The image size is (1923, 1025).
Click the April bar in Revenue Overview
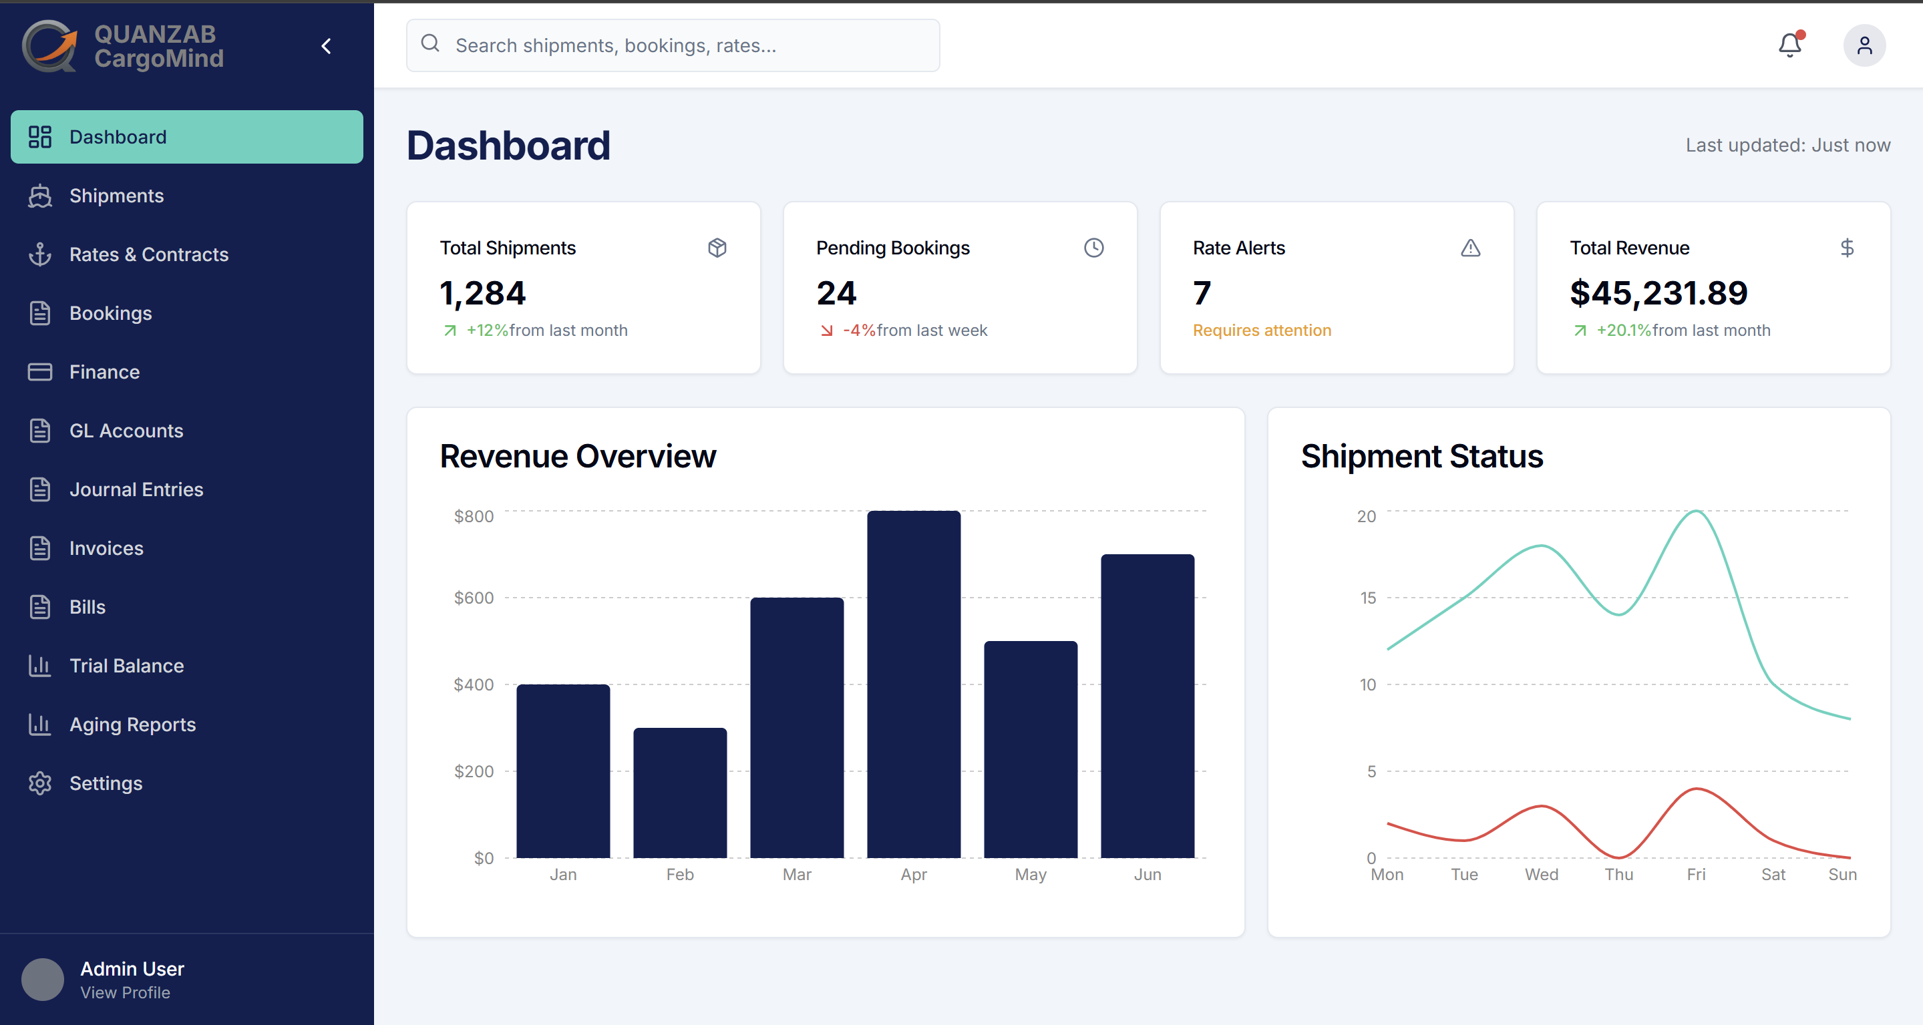coord(914,684)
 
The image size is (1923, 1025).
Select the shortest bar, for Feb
coord(680,793)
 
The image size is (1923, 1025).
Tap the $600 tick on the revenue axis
coord(474,598)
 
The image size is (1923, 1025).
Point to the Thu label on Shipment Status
coord(1618,874)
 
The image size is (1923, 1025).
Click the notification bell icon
coord(1789,45)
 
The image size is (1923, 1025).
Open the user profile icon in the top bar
coord(1864,45)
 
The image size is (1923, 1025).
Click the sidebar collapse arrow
coord(326,46)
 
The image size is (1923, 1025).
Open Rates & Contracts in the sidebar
coord(148,254)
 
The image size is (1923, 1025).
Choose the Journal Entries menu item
coord(136,489)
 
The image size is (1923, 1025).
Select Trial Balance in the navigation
coord(126,666)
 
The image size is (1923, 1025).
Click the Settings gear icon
coord(39,783)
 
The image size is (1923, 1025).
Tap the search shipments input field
coord(673,45)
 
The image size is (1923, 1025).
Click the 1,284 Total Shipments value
coord(482,292)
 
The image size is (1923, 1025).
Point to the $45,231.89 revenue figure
coord(1658,292)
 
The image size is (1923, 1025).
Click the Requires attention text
coord(1262,330)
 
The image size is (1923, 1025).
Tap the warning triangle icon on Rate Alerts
coord(1470,248)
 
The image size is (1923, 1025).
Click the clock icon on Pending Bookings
coord(1093,248)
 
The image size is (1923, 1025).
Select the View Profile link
coord(125,992)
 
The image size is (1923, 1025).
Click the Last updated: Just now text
coord(1787,145)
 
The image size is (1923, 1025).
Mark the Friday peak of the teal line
coord(1696,511)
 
